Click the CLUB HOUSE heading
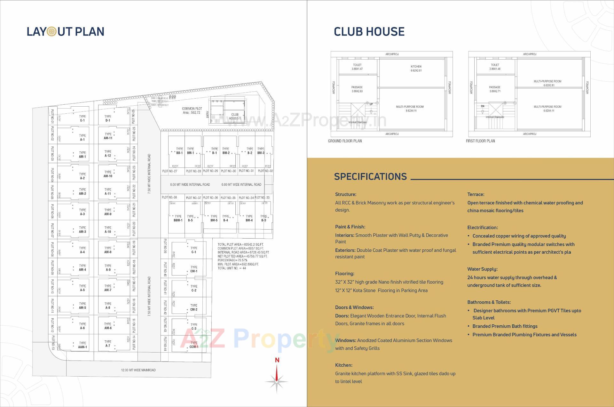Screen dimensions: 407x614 pos(369,31)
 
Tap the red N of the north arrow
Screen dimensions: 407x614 pos(277,360)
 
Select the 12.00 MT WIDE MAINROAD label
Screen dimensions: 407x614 pos(138,370)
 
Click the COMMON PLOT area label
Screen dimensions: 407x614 pos(192,110)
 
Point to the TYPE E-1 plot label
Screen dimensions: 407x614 pos(82,118)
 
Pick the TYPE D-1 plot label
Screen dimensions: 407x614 pos(108,118)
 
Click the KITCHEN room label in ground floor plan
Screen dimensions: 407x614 pos(416,68)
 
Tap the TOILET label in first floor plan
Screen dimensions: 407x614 pos(495,67)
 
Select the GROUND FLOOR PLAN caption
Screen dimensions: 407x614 pos(345,141)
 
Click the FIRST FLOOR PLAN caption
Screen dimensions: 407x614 pos(480,141)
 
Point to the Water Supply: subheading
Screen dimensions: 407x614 pos(482,269)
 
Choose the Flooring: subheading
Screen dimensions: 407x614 pos(344,273)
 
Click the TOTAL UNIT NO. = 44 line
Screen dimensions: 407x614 pos(232,268)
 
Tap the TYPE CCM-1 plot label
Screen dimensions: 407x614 pos(194,345)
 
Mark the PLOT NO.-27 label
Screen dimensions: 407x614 pos(169,171)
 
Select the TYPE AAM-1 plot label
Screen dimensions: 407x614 pos(82,345)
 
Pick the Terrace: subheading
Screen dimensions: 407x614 pos(476,194)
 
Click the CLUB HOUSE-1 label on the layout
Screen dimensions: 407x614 pos(235,116)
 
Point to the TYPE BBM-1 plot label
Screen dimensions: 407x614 pos(178,218)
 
